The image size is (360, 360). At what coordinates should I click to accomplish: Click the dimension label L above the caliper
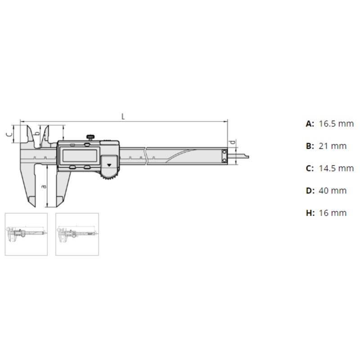123,117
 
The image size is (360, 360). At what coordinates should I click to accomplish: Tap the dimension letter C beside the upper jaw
9,134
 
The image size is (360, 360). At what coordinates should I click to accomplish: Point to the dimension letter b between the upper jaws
36,134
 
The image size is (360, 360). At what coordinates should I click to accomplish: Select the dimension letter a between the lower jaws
44,186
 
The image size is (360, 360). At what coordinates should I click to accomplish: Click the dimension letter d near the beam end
233,142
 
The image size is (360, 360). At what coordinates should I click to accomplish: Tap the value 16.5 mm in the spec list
336,124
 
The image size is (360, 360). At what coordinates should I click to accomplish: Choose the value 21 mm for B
333,146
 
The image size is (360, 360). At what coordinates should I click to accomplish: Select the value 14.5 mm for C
336,168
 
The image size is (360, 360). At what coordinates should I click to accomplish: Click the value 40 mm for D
333,190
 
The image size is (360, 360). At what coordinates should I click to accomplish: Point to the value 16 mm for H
333,213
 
